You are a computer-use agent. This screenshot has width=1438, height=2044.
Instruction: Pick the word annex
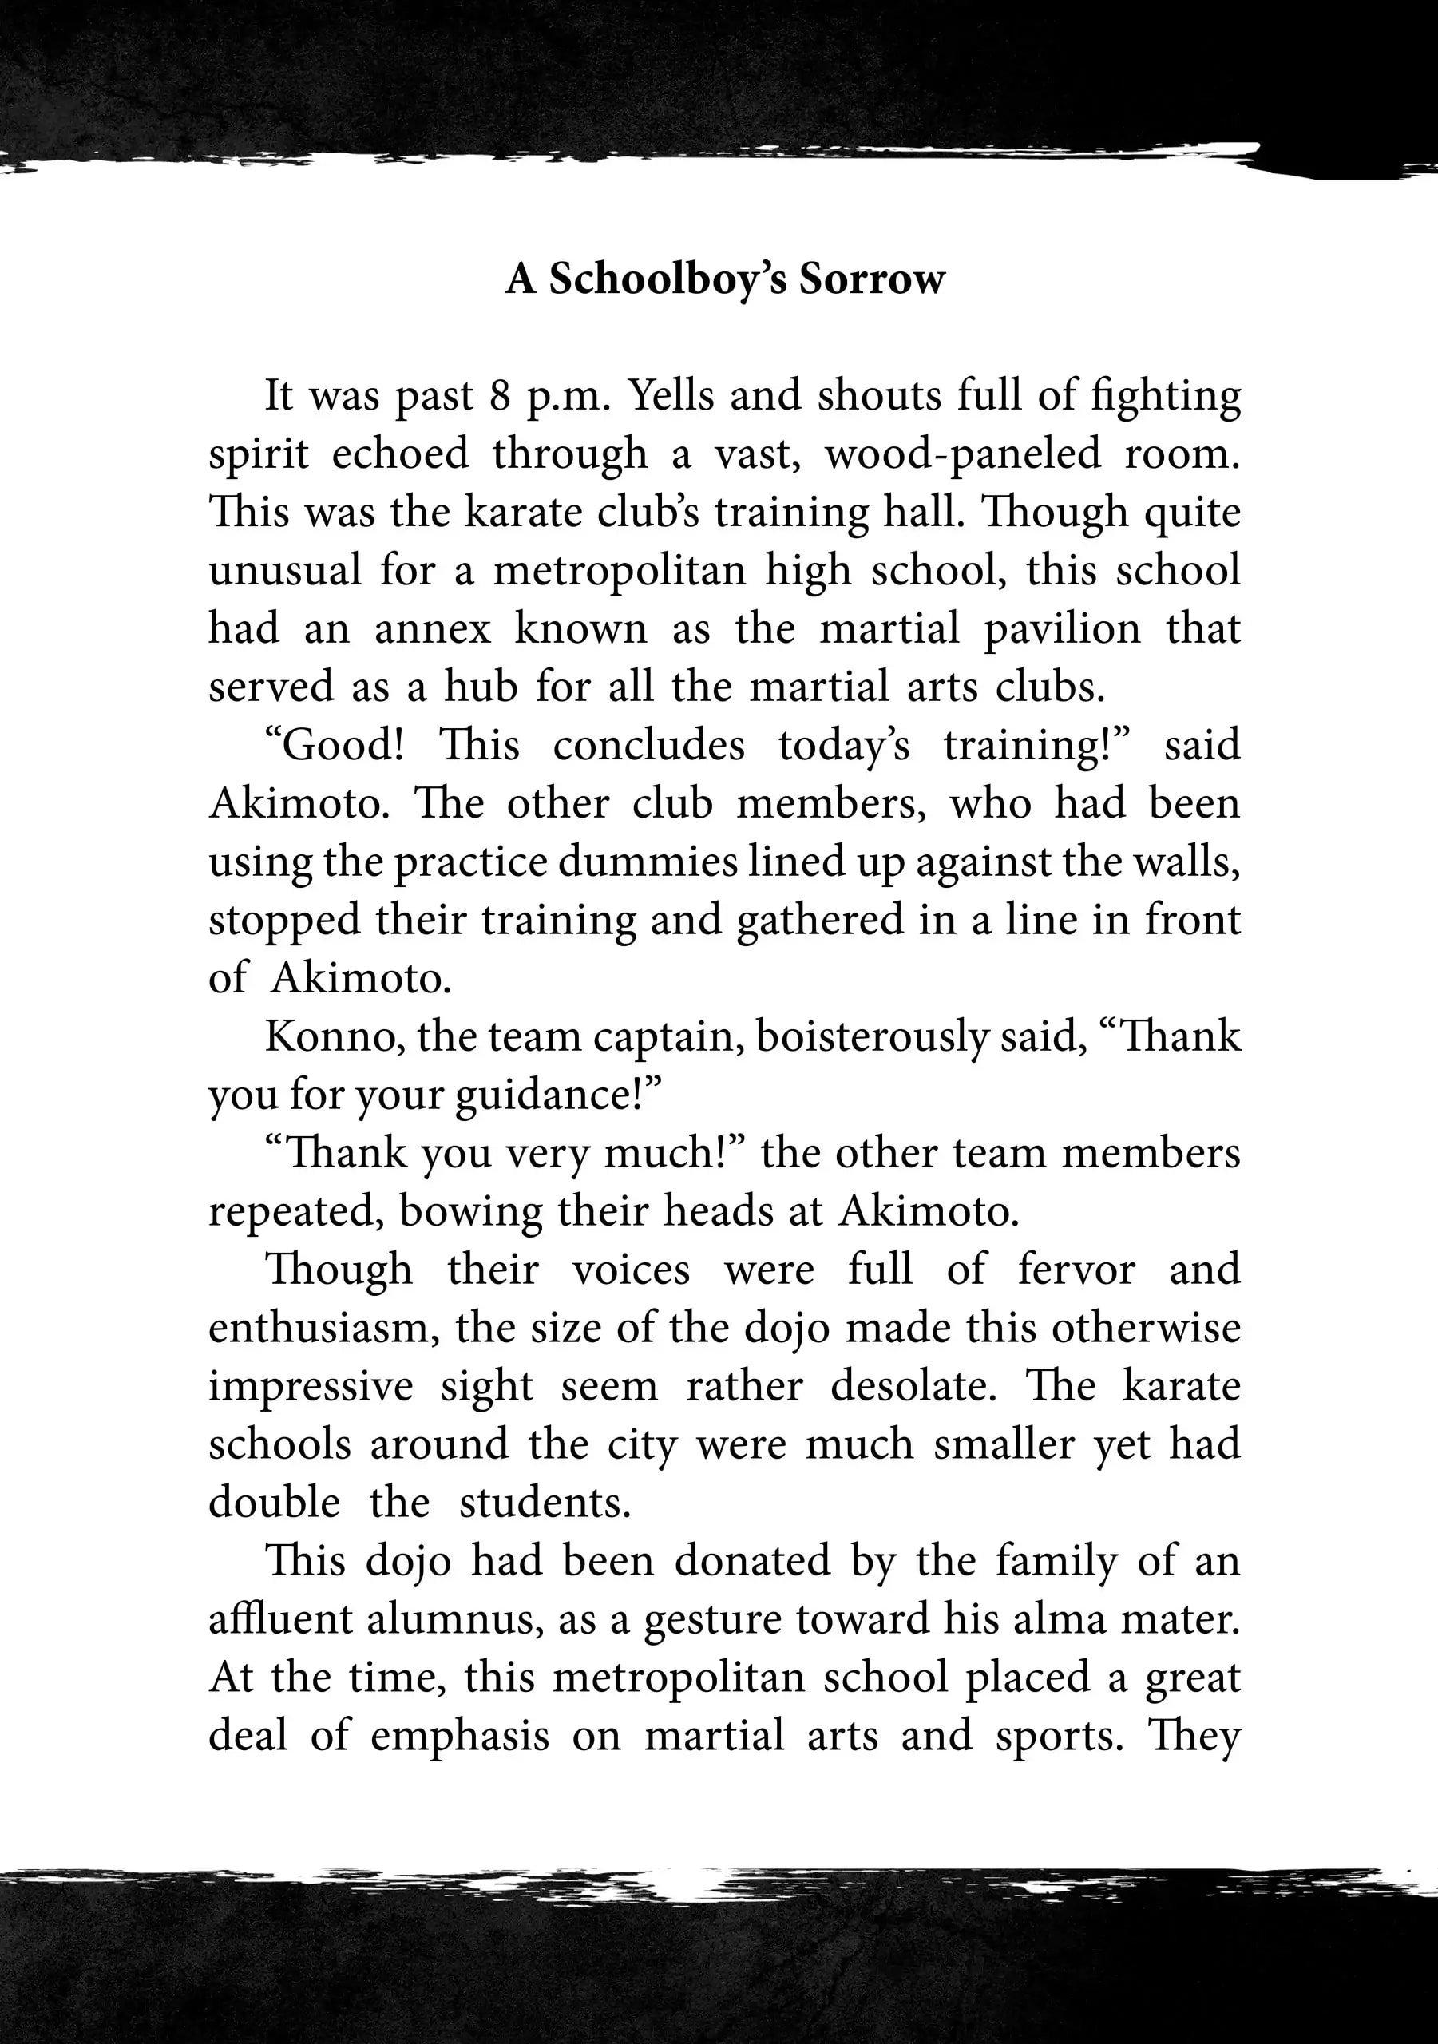432,628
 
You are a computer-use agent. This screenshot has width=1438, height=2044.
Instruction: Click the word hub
481,687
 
